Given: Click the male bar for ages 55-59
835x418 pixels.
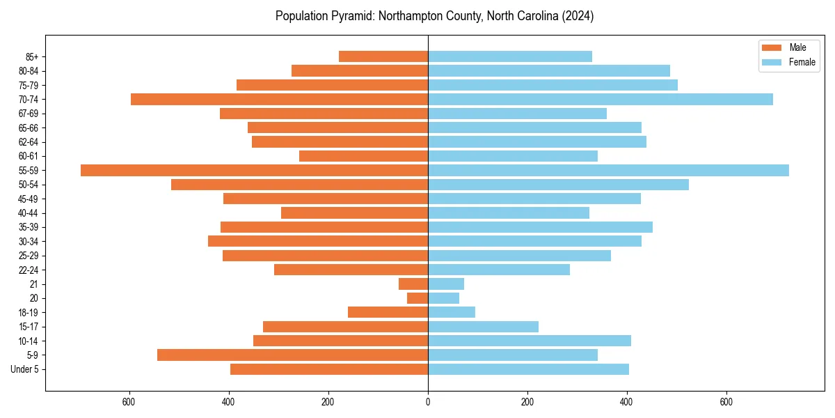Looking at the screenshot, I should coord(254,171).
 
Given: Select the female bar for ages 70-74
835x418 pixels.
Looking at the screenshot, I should coord(600,100).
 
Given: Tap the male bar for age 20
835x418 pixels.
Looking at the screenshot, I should coord(417,298).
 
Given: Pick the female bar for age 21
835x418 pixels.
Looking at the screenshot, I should coord(446,284).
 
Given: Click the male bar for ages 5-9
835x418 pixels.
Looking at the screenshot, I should coord(292,355).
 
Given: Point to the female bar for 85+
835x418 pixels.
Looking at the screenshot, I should coord(510,56).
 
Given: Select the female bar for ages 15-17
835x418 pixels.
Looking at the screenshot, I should coord(483,327).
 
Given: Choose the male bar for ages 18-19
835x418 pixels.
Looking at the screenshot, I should coord(388,313).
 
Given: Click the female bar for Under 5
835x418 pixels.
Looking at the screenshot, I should coord(528,369).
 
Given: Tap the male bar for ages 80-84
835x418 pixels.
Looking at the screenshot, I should coord(360,71).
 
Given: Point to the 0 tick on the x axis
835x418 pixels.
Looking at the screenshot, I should coord(428,403).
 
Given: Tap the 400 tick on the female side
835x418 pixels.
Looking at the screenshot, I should coord(627,403).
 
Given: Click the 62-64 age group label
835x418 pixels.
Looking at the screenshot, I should coord(29,142).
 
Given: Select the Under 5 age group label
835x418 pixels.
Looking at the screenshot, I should coord(24,369).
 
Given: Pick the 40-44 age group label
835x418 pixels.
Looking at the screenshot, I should coord(29,213).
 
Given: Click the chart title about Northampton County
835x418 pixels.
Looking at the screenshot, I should coord(434,16).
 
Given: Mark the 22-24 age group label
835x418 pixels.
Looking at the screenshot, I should coord(29,270).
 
